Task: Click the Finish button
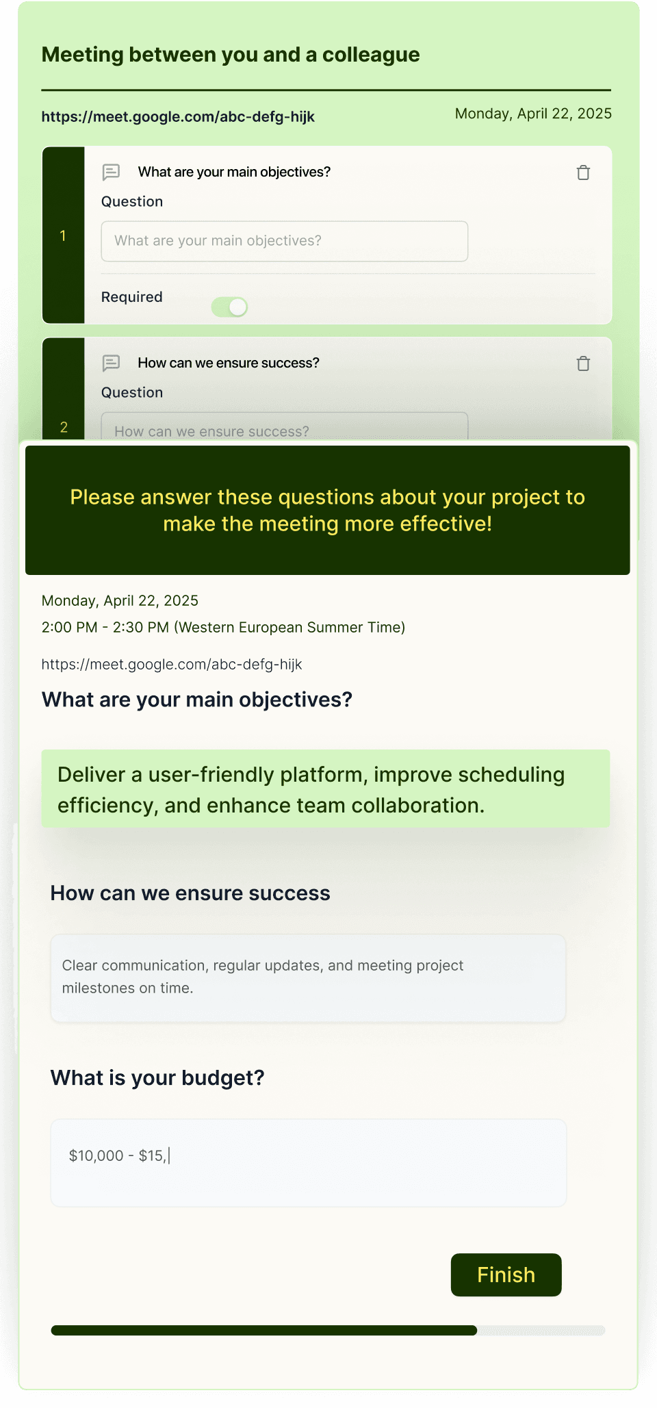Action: tap(506, 1275)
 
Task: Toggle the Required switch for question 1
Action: tap(229, 307)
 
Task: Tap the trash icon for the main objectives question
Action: tap(583, 172)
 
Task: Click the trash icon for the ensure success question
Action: tap(583, 363)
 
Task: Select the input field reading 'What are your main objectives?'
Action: tap(285, 241)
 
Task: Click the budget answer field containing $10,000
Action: tap(309, 1163)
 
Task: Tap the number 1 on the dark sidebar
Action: tap(63, 236)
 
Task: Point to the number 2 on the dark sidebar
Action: tap(64, 428)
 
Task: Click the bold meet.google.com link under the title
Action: tap(178, 117)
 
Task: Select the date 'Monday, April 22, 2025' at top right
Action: tap(533, 114)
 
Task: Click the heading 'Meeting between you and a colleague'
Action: tap(231, 55)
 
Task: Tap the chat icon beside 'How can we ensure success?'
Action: tap(111, 363)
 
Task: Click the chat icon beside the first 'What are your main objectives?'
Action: tap(111, 172)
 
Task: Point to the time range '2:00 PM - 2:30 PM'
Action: tap(105, 628)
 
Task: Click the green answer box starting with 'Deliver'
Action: tap(326, 789)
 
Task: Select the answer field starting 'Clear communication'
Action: tap(309, 978)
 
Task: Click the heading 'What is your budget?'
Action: tap(157, 1078)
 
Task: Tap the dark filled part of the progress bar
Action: tap(264, 1331)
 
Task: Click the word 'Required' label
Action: tap(132, 297)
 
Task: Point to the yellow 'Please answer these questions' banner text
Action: tap(328, 511)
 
